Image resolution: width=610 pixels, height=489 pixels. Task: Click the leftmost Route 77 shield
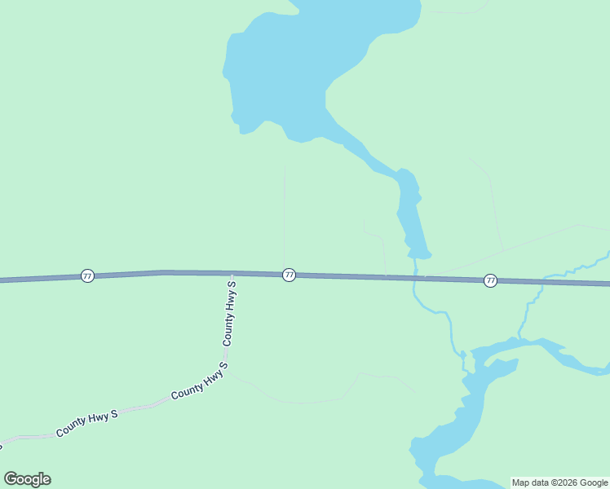pyautogui.click(x=87, y=276)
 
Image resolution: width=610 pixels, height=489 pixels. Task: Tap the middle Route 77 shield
pyautogui.click(x=289, y=275)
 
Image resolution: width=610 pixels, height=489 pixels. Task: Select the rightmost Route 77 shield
pyautogui.click(x=490, y=280)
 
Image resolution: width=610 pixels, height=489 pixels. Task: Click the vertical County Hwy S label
pyautogui.click(x=230, y=314)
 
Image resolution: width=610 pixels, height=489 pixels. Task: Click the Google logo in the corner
pyautogui.click(x=28, y=479)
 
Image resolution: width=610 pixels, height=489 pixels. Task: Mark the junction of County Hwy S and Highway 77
pyautogui.click(x=232, y=274)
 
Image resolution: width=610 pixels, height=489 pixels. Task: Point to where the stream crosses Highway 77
pyautogui.click(x=416, y=278)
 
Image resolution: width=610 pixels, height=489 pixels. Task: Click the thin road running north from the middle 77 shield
pyautogui.click(x=284, y=212)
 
